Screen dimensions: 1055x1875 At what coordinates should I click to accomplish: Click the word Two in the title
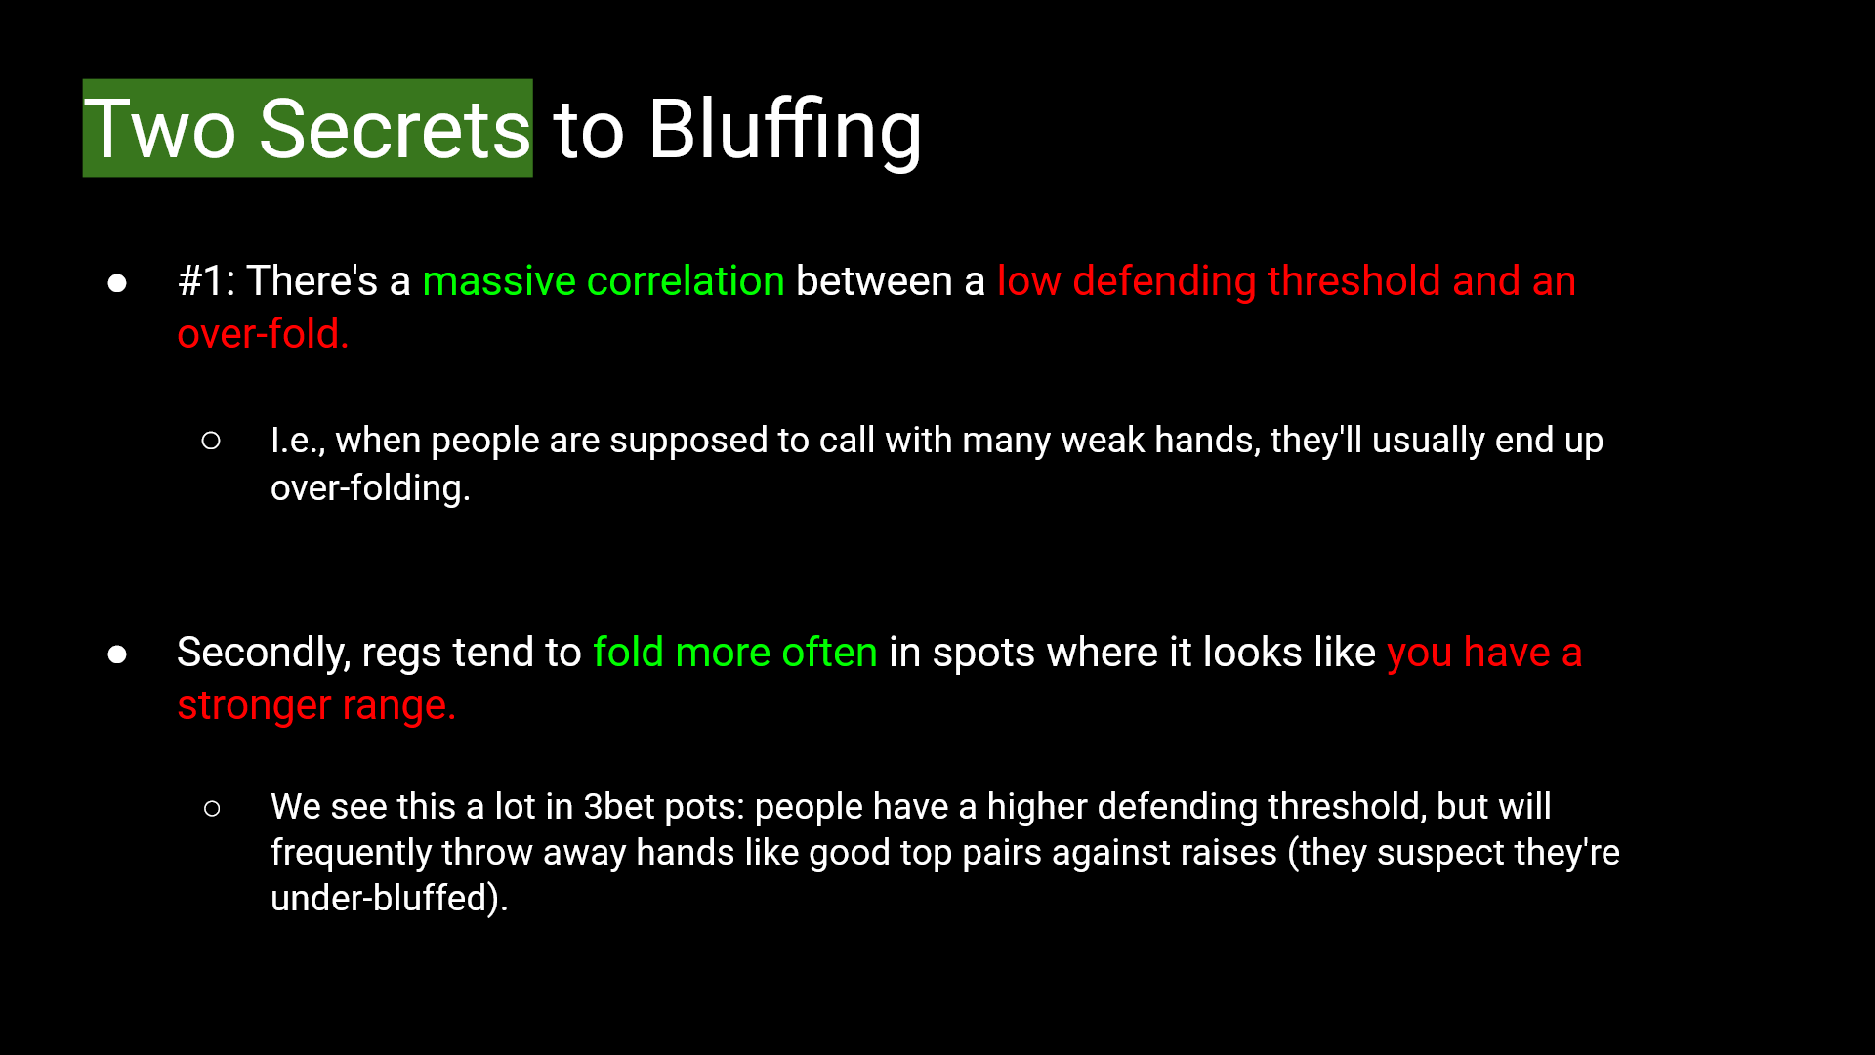[x=160, y=129]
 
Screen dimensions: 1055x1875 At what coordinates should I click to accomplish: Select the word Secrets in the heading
[x=394, y=129]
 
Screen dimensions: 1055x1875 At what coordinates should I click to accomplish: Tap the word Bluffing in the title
[x=784, y=129]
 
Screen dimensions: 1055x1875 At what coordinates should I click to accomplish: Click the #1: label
[x=206, y=281]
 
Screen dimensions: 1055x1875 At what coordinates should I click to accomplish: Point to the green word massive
[x=499, y=281]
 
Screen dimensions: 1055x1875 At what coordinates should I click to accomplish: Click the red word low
[x=1028, y=281]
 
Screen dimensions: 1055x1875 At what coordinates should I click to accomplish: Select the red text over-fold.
[x=263, y=334]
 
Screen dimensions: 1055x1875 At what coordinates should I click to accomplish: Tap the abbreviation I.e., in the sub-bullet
[x=298, y=441]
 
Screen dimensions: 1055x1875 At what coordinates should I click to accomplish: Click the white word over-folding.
[x=370, y=488]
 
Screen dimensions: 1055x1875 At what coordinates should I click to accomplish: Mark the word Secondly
[x=263, y=653]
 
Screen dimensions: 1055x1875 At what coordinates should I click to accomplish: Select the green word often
[x=829, y=653]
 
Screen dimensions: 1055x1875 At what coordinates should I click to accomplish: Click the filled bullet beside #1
[x=117, y=283]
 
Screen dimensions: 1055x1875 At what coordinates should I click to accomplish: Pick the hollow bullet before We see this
[x=212, y=809]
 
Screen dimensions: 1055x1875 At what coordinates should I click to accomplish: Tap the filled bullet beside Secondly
[x=117, y=654]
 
